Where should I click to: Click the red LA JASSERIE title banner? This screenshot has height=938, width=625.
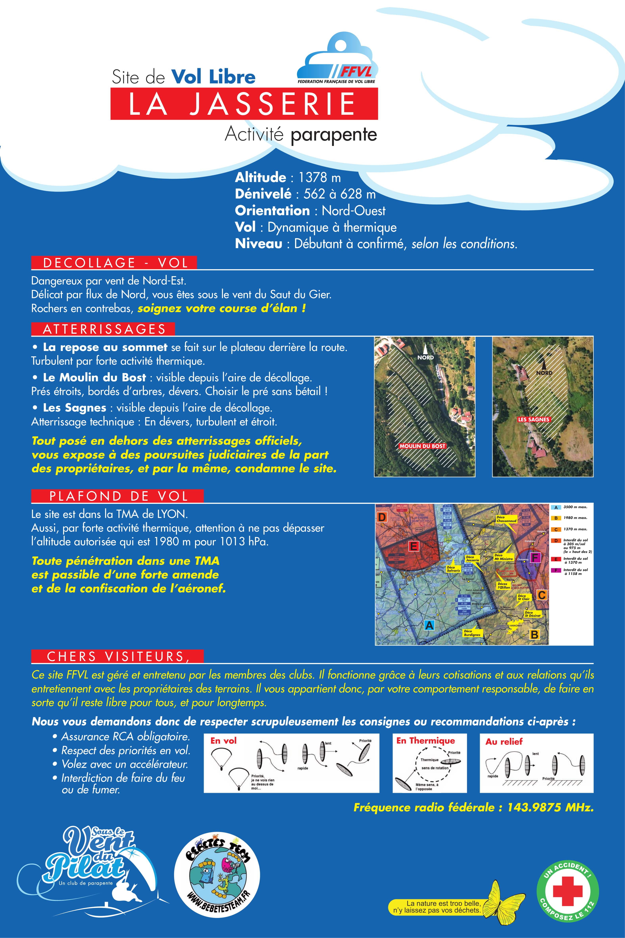click(x=244, y=104)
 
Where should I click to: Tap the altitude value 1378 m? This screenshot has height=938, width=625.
click(x=320, y=177)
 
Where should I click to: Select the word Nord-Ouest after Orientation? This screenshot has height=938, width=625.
click(x=354, y=211)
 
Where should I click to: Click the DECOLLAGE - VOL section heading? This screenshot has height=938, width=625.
click(x=114, y=263)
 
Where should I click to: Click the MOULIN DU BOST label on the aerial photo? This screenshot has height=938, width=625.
click(x=422, y=446)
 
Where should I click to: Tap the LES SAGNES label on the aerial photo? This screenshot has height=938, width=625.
click(x=533, y=419)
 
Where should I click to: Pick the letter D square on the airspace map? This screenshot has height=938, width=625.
click(x=382, y=517)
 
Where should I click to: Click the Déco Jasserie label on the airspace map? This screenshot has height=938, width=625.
click(x=472, y=558)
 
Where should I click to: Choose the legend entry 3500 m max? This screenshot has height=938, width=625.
click(x=575, y=507)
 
